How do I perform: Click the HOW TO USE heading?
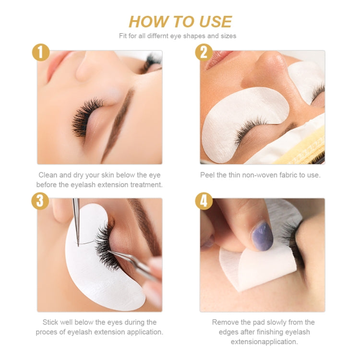pos(180,22)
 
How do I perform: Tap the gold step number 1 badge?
pos(40,52)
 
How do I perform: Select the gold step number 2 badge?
pos(204,52)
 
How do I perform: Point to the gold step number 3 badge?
pos(40,200)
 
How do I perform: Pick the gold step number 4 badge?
pos(204,200)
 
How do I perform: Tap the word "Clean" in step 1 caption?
pos(48,175)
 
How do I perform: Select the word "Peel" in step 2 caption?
pos(208,175)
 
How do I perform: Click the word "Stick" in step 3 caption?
pos(52,322)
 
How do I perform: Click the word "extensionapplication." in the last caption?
pos(264,342)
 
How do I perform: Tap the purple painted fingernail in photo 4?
pos(262,234)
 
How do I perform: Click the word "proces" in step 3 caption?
pos(47,332)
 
